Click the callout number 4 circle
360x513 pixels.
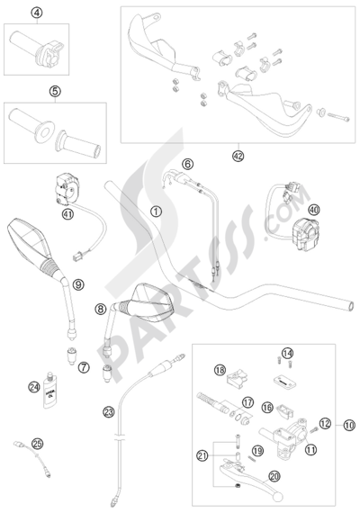[x=37, y=13]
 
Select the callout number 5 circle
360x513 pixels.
[x=55, y=90]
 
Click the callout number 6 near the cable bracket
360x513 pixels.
[x=187, y=164]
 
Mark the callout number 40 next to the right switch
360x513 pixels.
[x=314, y=210]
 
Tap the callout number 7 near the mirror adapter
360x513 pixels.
[x=109, y=367]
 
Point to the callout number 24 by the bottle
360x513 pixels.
[x=33, y=387]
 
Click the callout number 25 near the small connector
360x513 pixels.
[x=36, y=444]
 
